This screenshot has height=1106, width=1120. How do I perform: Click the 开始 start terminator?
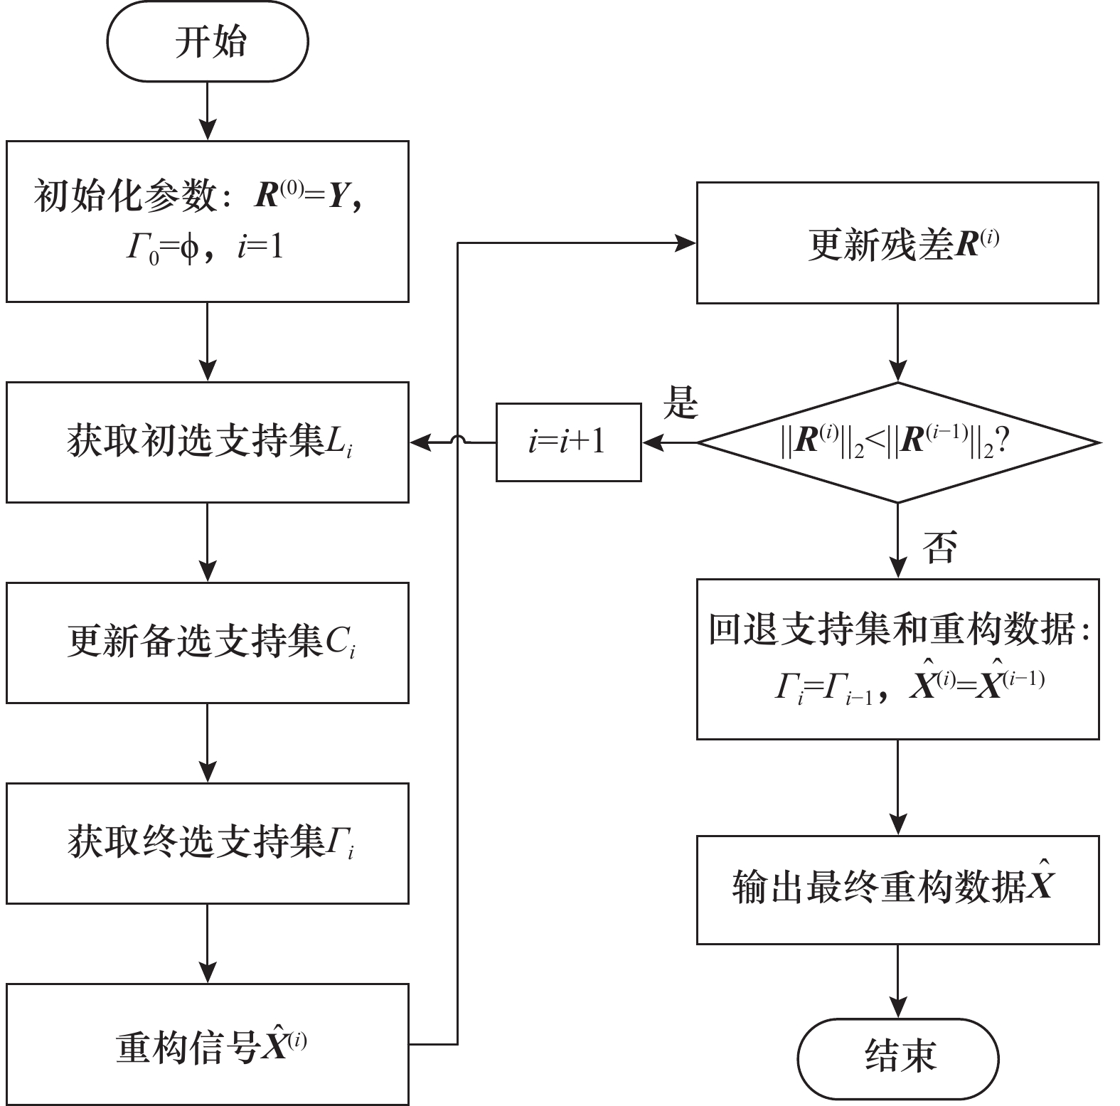pos(208,42)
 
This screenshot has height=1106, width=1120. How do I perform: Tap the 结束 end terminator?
pos(898,1056)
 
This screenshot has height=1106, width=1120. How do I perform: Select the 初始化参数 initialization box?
pos(208,221)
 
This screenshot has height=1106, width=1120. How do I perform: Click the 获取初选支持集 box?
pos(208,442)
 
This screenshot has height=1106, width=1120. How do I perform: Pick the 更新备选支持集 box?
pos(208,642)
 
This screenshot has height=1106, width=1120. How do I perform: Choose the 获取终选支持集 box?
pos(208,843)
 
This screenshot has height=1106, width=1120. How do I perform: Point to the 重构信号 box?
pos(208,1043)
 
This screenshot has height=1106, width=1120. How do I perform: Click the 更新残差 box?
pos(897,243)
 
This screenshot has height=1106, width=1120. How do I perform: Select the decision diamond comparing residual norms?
pos(897,442)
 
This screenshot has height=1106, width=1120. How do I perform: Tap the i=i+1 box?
pos(568,442)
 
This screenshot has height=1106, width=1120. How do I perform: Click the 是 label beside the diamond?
pos(681,403)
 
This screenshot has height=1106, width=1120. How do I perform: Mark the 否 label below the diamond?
pos(939,547)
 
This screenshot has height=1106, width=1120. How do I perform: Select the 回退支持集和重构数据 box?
pos(897,659)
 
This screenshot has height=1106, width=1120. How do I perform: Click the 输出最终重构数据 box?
pos(897,889)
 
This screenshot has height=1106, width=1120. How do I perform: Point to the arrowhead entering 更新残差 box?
pos(687,243)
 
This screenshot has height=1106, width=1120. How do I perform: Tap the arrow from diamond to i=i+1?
pos(669,442)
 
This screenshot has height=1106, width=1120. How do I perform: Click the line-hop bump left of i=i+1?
pos(458,441)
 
